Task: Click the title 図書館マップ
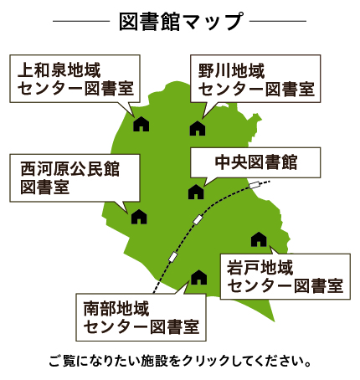pyautogui.click(x=181, y=21)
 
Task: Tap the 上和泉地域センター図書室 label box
pyautogui.click(x=75, y=79)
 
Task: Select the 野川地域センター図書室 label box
pyautogui.click(x=255, y=79)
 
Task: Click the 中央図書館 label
pyautogui.click(x=255, y=162)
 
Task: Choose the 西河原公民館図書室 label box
pyautogui.click(x=75, y=178)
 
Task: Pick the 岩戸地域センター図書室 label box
pyautogui.click(x=285, y=276)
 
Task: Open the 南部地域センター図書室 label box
pyautogui.click(x=141, y=317)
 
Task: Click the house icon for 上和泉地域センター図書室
pyautogui.click(x=141, y=124)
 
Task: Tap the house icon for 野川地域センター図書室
pyautogui.click(x=198, y=128)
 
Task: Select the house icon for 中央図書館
pyautogui.click(x=196, y=192)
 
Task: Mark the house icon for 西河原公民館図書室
pyautogui.click(x=139, y=217)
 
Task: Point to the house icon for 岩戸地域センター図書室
pyautogui.click(x=259, y=239)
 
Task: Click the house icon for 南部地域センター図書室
pyautogui.click(x=199, y=277)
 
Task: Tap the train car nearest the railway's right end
pyautogui.click(x=255, y=185)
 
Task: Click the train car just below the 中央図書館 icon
pyautogui.click(x=198, y=219)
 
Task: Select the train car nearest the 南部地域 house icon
pyautogui.click(x=173, y=257)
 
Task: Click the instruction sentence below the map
pyautogui.click(x=180, y=361)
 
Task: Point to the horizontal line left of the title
pyautogui.click(x=81, y=21)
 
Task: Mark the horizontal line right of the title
pyautogui.click(x=278, y=21)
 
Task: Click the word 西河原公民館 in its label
pyautogui.click(x=70, y=169)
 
